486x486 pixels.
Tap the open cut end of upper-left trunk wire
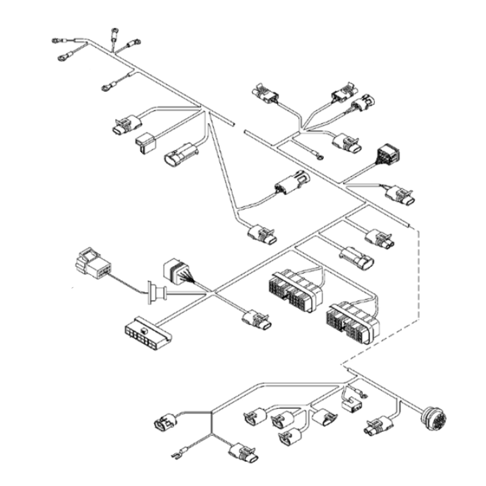[233, 124]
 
